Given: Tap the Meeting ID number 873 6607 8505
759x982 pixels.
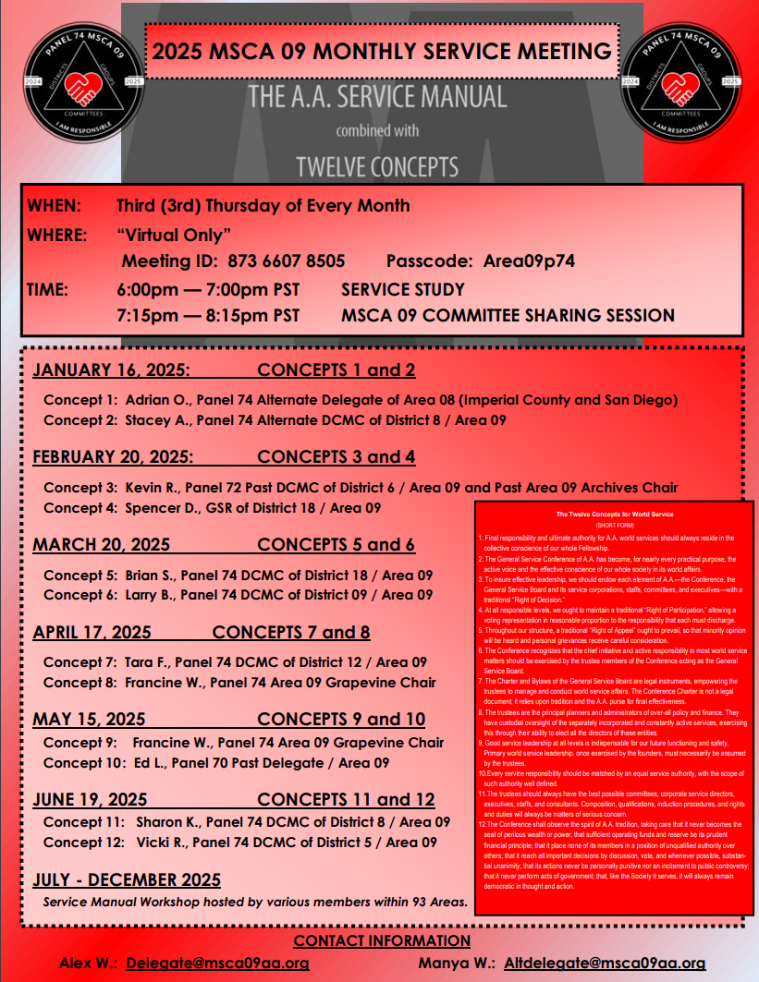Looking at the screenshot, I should tap(286, 261).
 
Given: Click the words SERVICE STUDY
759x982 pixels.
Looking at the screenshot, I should tap(403, 289).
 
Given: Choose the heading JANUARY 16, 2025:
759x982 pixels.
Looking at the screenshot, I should tap(111, 371).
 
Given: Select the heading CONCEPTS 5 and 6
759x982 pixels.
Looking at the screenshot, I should tap(336, 544).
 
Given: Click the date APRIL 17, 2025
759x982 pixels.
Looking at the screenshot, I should tap(92, 633).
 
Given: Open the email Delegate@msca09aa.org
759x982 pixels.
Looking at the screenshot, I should tap(217, 963).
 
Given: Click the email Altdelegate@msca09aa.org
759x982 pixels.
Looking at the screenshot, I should tap(605, 963).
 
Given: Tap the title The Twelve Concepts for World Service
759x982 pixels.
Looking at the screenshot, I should tap(614, 514).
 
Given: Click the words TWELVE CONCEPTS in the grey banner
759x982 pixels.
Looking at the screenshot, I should tap(376, 166).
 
